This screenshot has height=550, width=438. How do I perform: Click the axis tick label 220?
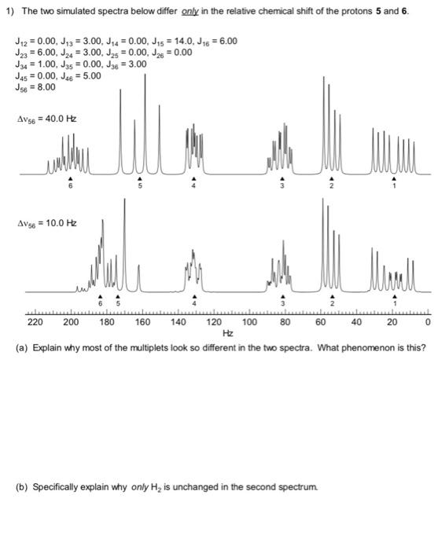pos(35,322)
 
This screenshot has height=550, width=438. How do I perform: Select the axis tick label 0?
pos(428,322)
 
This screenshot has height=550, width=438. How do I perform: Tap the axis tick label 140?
pos(179,322)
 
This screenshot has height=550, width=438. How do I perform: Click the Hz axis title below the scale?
pos(228,333)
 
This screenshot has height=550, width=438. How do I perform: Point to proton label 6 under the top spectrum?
pos(71,187)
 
